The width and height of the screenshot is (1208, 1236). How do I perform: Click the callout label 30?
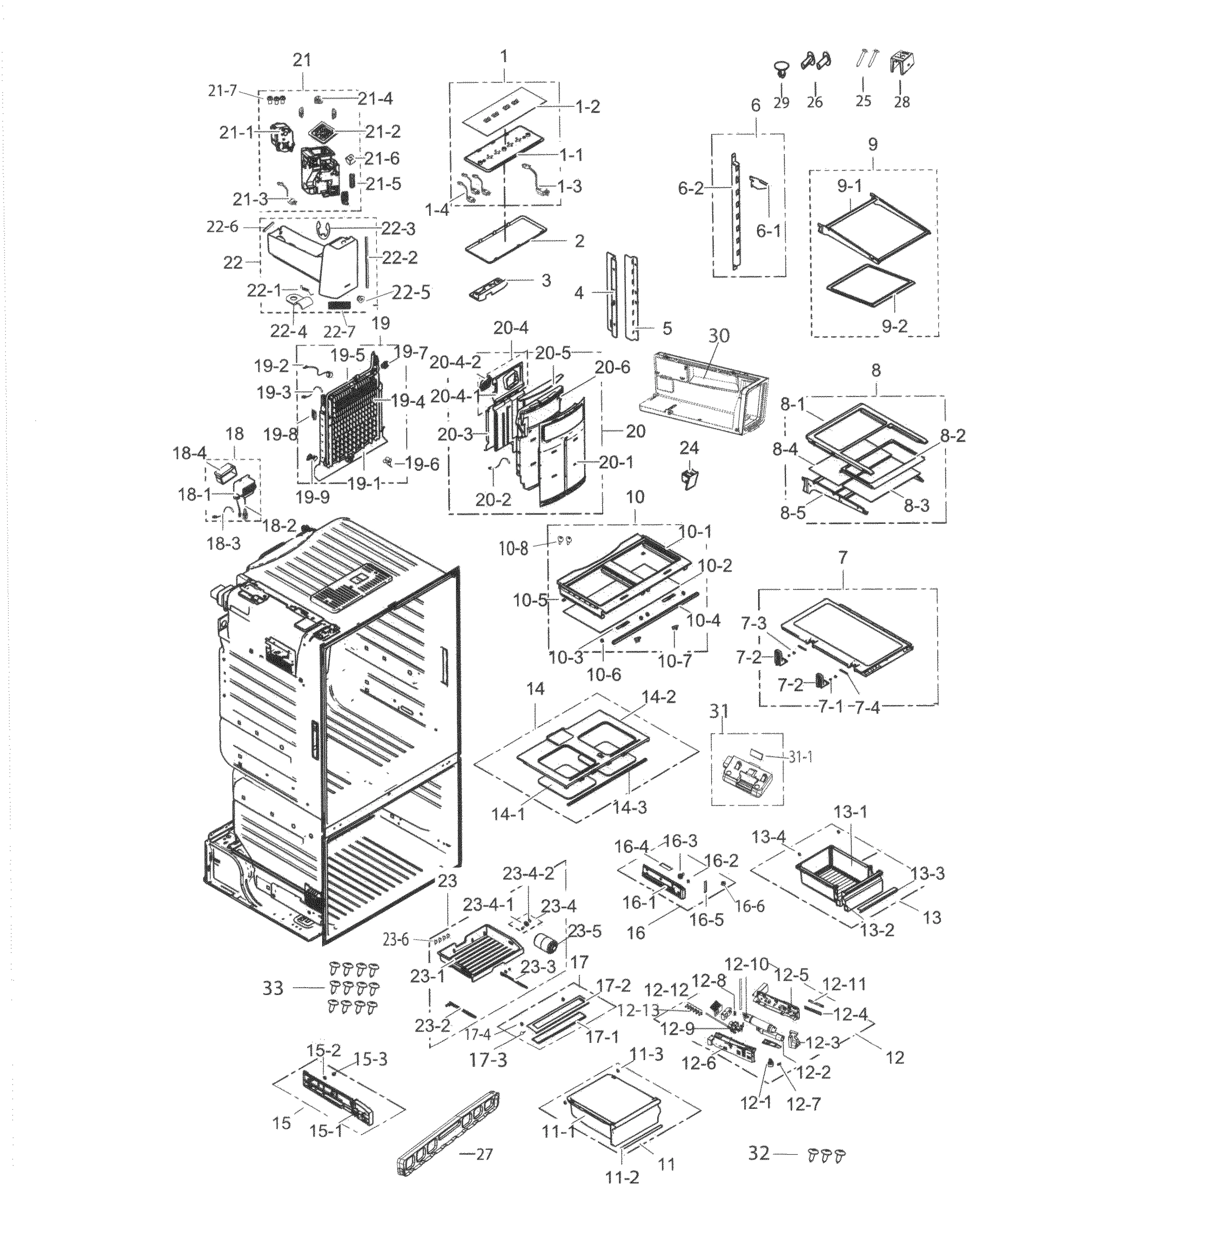[x=719, y=336]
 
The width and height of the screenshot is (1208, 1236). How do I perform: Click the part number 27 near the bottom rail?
[x=484, y=1155]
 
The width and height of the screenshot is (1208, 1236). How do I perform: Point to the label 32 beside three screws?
[x=759, y=1153]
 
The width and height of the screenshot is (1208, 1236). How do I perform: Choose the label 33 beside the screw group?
[x=273, y=988]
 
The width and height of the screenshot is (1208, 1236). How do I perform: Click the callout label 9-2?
[x=894, y=327]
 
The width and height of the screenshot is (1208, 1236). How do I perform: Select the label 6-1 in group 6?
[x=768, y=232]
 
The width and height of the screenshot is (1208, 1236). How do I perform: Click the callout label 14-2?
[x=658, y=697]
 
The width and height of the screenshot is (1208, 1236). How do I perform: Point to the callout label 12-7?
[x=803, y=1104]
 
